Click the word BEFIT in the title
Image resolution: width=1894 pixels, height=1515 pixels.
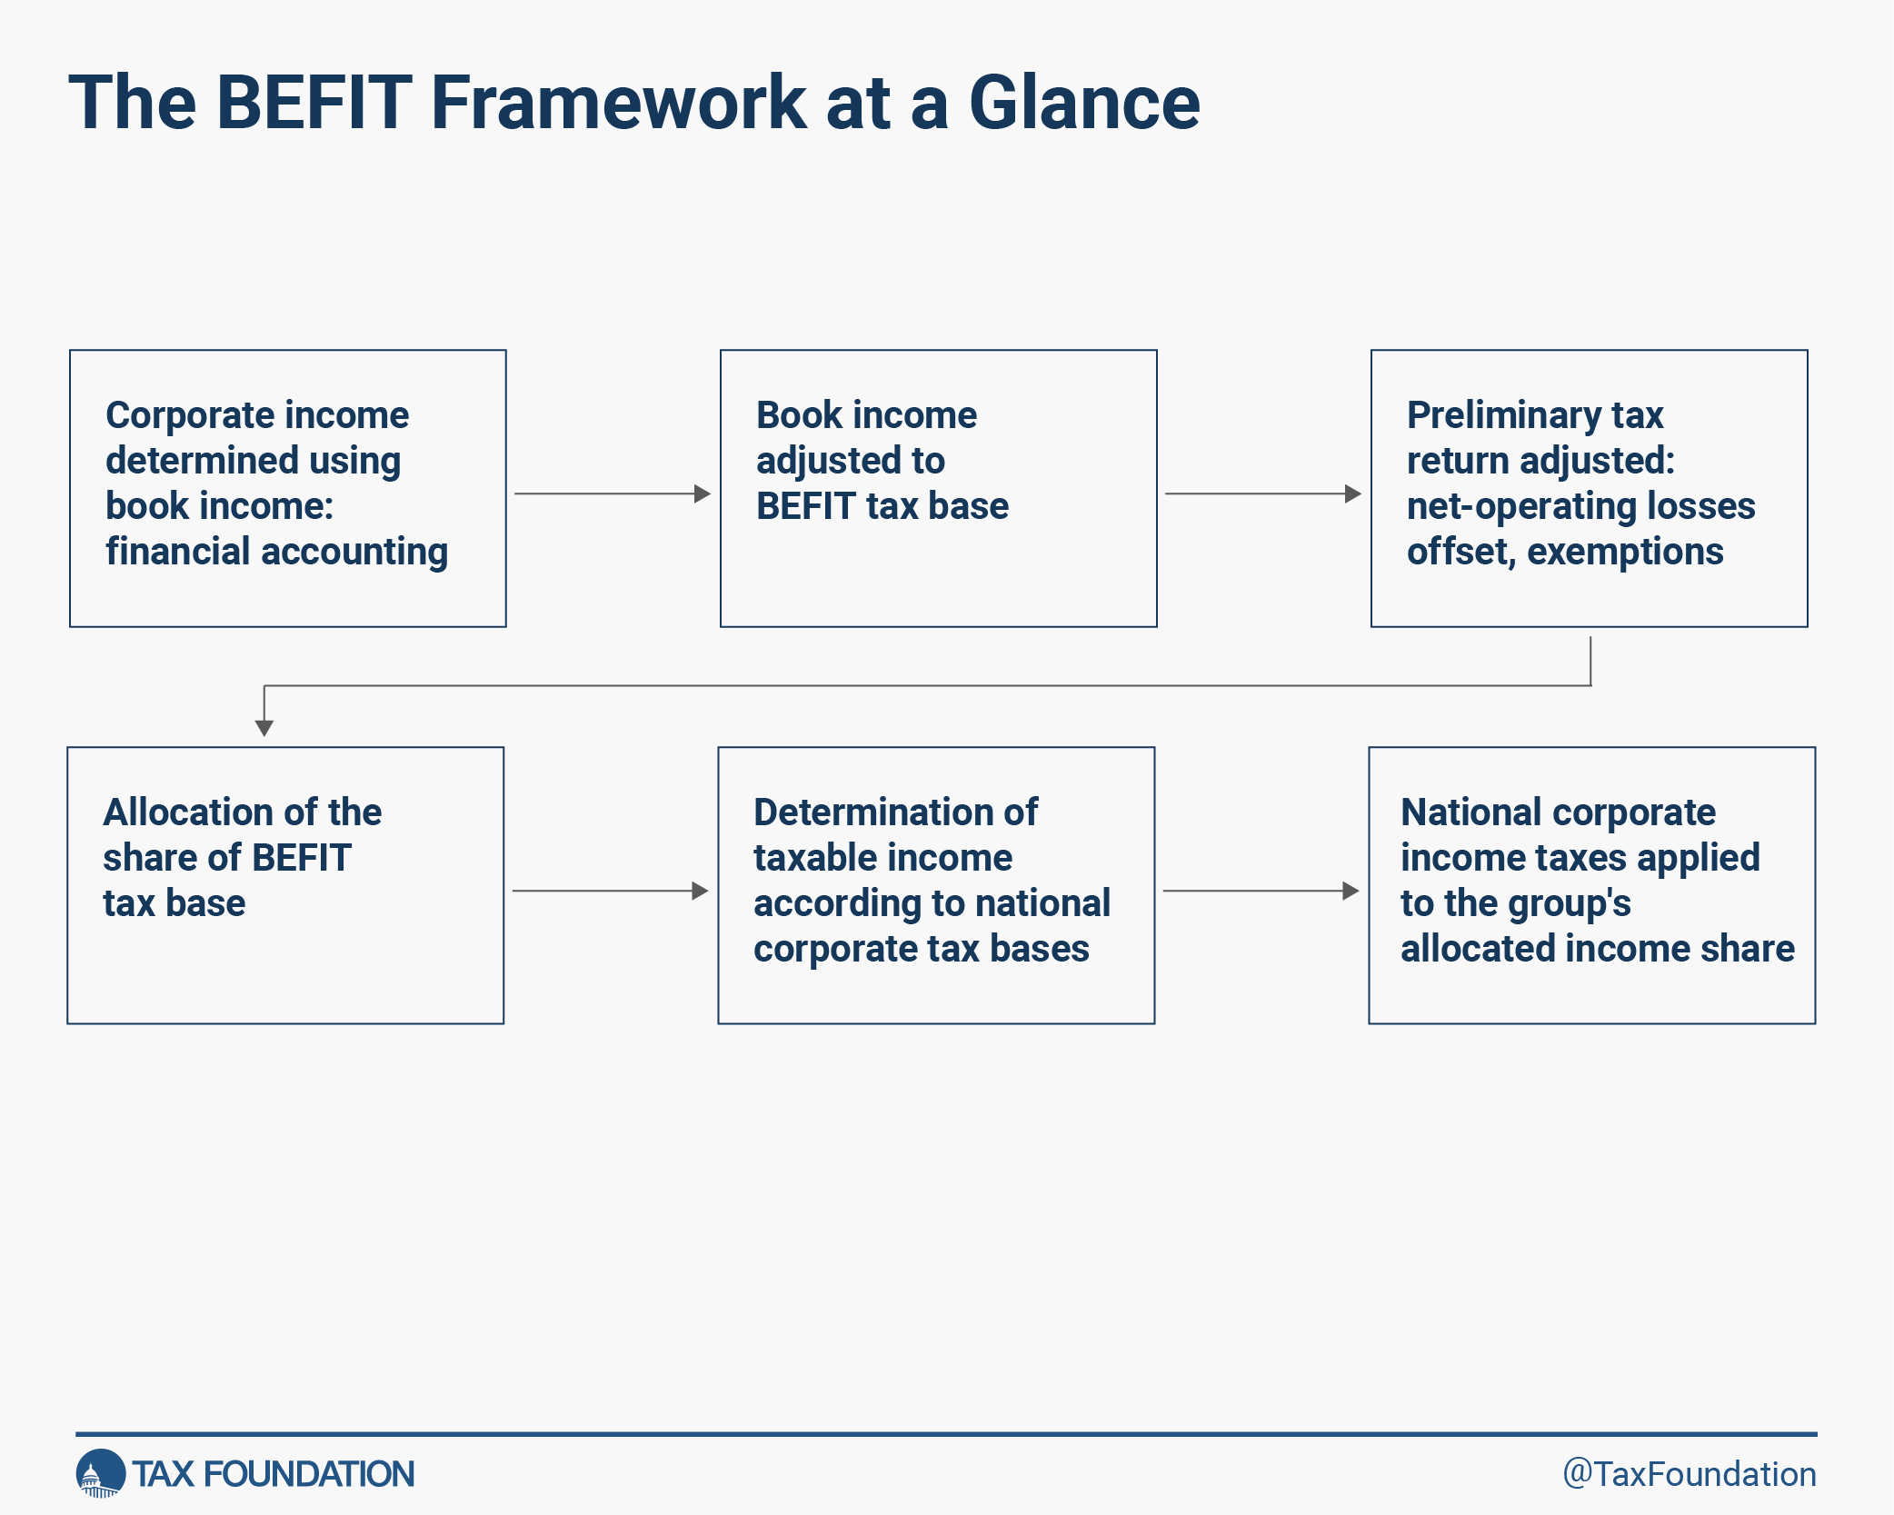pyautogui.click(x=314, y=102)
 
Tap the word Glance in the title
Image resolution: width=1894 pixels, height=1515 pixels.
pyautogui.click(x=1084, y=102)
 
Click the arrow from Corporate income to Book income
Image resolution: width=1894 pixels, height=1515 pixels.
pyautogui.click(x=613, y=493)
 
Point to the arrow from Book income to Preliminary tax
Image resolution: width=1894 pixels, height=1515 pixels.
pyautogui.click(x=1263, y=493)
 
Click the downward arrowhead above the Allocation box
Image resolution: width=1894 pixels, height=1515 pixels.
pyautogui.click(x=264, y=728)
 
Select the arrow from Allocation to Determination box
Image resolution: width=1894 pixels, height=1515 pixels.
pyautogui.click(x=610, y=891)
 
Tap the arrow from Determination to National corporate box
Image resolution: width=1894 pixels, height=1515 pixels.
pyautogui.click(x=1261, y=891)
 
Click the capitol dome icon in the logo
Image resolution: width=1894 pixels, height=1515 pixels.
pyautogui.click(x=100, y=1473)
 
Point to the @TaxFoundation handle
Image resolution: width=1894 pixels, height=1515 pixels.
pyautogui.click(x=1690, y=1474)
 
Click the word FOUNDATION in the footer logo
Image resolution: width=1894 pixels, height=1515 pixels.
pyautogui.click(x=309, y=1474)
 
